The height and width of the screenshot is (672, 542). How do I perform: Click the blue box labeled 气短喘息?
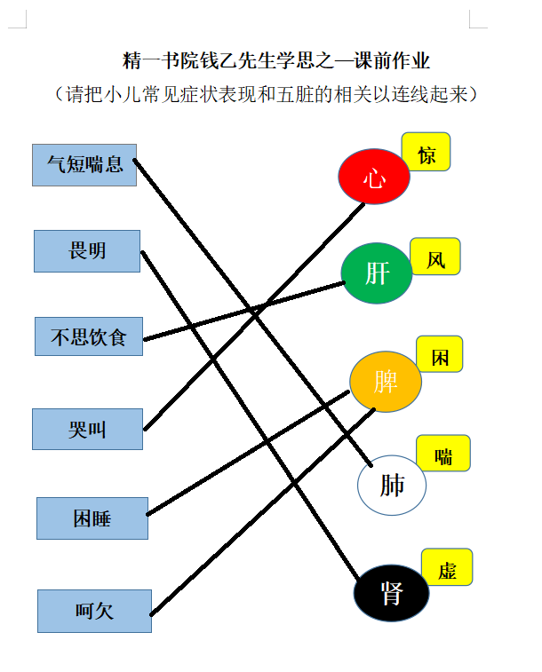(84, 165)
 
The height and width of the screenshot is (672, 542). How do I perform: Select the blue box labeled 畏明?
(87, 251)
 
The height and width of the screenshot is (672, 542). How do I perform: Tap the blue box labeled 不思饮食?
(89, 336)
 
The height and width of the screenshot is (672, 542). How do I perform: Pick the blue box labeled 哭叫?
(87, 429)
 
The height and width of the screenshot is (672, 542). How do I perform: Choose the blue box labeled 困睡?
(92, 518)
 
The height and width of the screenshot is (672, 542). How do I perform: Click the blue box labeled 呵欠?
(94, 611)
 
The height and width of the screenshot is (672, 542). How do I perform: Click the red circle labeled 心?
(374, 176)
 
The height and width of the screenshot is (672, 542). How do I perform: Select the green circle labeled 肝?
(377, 273)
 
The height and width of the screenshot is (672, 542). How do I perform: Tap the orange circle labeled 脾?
(386, 382)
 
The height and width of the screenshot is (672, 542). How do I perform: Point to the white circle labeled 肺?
(392, 486)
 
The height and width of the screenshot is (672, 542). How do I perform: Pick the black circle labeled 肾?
(392, 593)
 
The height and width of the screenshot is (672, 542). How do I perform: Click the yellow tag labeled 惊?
(426, 152)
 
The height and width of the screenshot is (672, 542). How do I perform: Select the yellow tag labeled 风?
(435, 257)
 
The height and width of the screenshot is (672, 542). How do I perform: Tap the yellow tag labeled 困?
(440, 354)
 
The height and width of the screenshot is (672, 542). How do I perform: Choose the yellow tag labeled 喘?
(443, 454)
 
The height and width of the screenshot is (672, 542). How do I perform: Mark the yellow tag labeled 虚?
(447, 567)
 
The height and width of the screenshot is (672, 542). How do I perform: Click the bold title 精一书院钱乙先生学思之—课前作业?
(275, 60)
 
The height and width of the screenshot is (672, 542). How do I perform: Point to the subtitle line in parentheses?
(266, 94)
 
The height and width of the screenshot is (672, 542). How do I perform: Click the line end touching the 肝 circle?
(344, 282)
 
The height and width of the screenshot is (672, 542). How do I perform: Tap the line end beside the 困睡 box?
(147, 514)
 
